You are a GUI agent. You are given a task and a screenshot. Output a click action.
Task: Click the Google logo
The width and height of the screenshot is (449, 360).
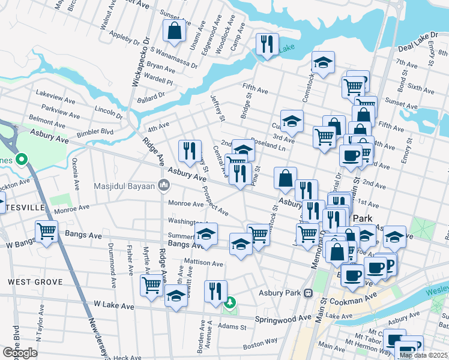coord(20,353)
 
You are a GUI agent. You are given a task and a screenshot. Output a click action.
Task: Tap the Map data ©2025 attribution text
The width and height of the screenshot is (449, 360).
coord(423,355)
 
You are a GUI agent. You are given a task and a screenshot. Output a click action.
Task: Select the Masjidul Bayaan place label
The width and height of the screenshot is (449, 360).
coord(125,185)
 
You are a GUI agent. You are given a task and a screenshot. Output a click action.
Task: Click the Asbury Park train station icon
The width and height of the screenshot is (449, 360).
coord(309,293)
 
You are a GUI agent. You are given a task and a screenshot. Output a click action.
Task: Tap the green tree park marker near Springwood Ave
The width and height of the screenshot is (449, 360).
coord(229,304)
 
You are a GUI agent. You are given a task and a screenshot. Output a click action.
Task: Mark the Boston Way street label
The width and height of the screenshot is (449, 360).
coord(260,345)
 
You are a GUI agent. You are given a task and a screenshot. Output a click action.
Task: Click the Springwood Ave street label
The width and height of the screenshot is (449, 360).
coord(284,318)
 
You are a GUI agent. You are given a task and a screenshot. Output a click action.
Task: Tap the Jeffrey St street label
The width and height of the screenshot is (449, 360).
coord(217,108)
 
